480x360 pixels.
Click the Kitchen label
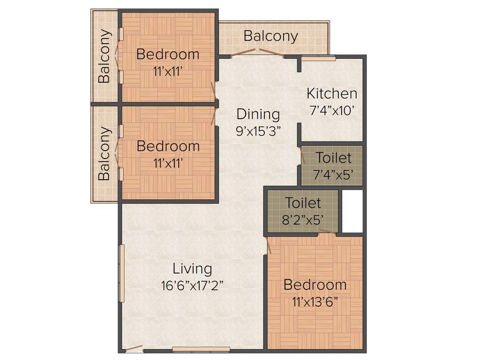pyautogui.click(x=332, y=93)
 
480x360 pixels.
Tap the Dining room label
pyautogui.click(x=258, y=114)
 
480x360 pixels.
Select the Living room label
pyautogui.click(x=192, y=269)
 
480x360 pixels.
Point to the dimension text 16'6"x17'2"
pyautogui.click(x=192, y=285)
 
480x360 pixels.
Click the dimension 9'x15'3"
pyautogui.click(x=258, y=130)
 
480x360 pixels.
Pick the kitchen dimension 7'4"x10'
pyautogui.click(x=332, y=111)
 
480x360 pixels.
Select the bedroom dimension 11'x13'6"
pyautogui.click(x=315, y=301)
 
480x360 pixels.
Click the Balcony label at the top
pyautogui.click(x=270, y=36)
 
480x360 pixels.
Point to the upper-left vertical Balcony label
pyautogui.click(x=105, y=56)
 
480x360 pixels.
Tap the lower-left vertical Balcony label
pyautogui.click(x=105, y=154)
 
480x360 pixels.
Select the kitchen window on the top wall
pyautogui.click(x=318, y=58)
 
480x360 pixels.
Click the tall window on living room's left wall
pyautogui.click(x=121, y=273)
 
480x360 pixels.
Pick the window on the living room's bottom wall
pyautogui.click(x=201, y=349)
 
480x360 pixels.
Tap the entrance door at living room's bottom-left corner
pyautogui.click(x=134, y=349)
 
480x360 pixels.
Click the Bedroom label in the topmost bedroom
pyautogui.click(x=168, y=54)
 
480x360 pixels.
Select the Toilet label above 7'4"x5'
pyautogui.click(x=333, y=157)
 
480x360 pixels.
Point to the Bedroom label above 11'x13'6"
pyautogui.click(x=315, y=285)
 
